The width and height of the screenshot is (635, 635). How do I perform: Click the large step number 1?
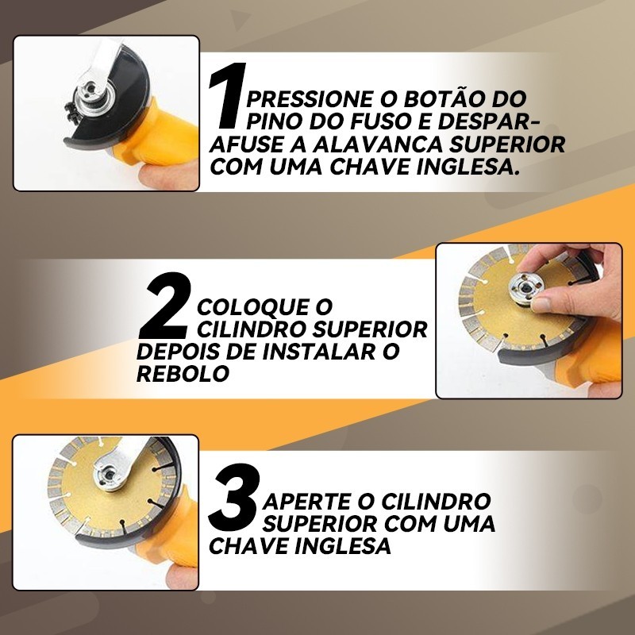pyautogui.click(x=228, y=94)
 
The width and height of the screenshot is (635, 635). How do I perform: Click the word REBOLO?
pyautogui.click(x=183, y=373)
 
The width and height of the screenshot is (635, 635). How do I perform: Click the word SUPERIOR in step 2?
pyautogui.click(x=370, y=329)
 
